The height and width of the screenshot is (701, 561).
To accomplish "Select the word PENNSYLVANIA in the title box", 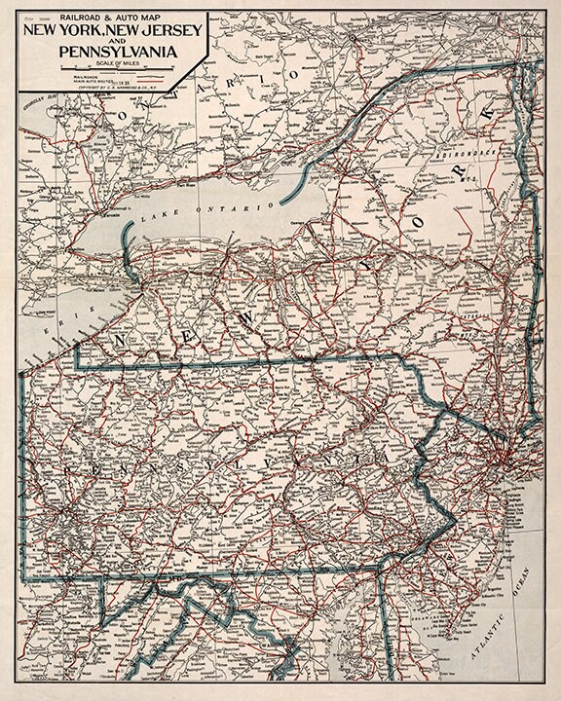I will [x=110, y=54].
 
